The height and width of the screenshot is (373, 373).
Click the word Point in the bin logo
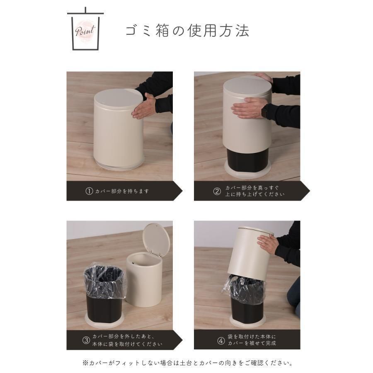(85, 31)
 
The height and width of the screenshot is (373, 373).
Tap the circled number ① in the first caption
(89, 191)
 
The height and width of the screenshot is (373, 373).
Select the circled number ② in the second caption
(217, 191)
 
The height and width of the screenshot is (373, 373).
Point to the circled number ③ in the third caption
(86, 340)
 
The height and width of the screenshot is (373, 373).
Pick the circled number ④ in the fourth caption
(221, 341)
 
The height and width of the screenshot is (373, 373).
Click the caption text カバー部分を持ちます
(122, 191)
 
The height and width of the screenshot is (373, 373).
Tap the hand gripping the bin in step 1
(144, 106)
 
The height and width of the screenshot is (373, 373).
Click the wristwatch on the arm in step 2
(264, 111)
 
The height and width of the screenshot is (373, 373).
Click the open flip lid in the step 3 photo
(156, 239)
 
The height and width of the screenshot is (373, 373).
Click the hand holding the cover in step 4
(268, 244)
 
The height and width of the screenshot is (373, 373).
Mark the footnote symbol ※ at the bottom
(85, 363)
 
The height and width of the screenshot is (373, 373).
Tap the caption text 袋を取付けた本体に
(252, 337)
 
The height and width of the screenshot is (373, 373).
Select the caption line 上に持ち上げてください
(255, 194)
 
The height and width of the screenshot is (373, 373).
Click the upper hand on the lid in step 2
(263, 77)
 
